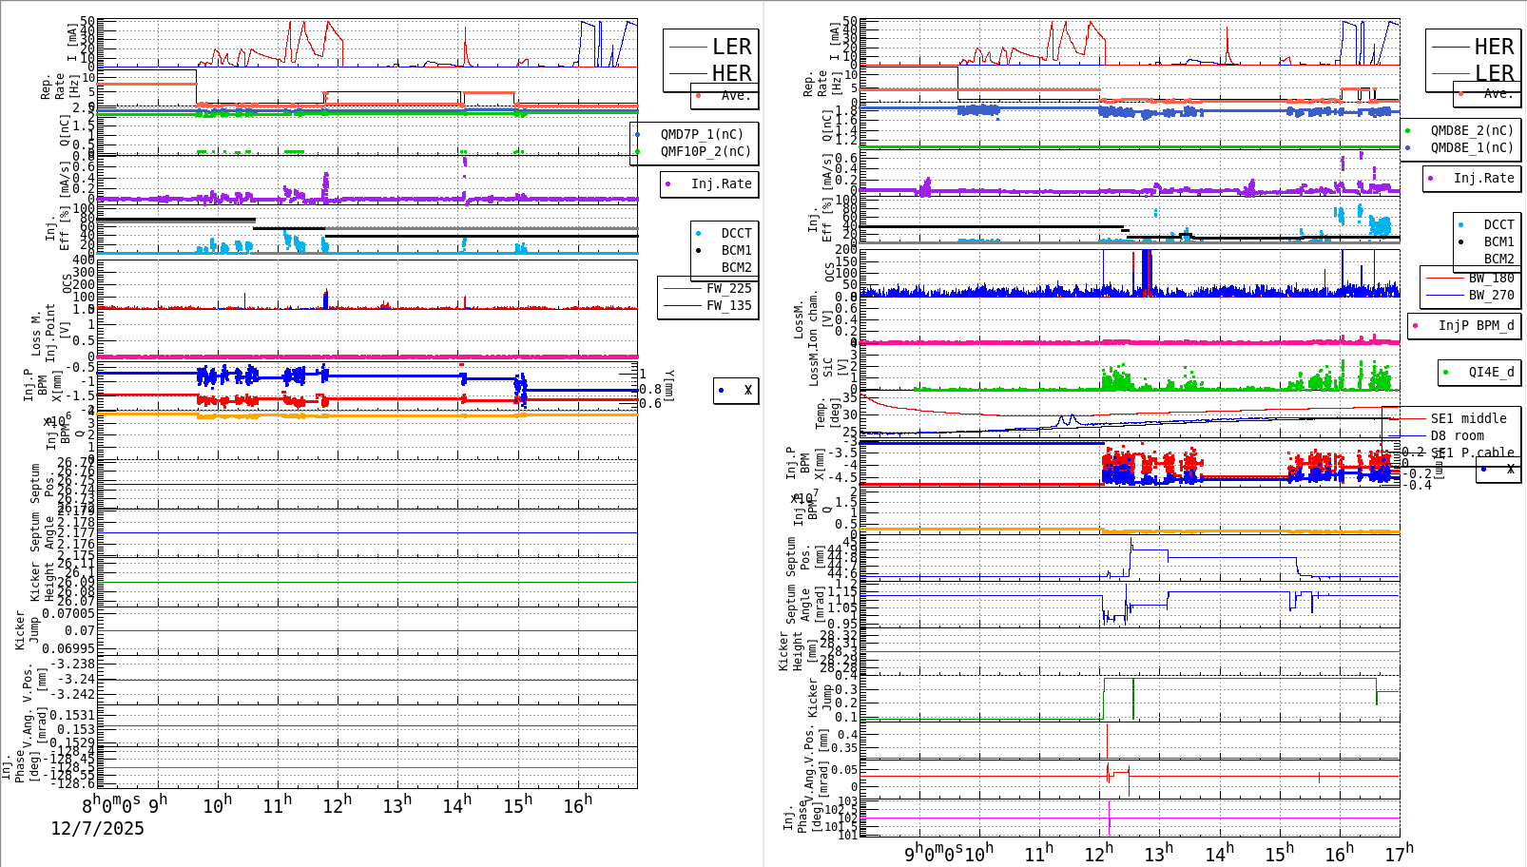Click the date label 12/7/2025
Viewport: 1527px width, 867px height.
97,828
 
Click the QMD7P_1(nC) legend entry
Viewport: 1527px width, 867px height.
702,134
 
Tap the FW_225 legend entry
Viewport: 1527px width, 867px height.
728,288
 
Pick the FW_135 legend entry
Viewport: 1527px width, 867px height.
728,305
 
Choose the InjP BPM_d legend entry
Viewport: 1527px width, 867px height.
1476,325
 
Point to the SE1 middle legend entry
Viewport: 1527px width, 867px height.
1468,418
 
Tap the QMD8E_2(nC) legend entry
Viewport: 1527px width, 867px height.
1471,130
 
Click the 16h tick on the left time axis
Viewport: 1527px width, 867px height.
577,806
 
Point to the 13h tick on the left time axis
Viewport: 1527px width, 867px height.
397,805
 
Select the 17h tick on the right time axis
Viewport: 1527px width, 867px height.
1399,854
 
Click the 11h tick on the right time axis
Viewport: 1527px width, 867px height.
1038,854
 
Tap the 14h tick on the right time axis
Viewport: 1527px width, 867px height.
1219,854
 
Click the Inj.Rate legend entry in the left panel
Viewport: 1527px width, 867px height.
721,183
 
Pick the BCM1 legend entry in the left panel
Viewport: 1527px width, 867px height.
736,250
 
